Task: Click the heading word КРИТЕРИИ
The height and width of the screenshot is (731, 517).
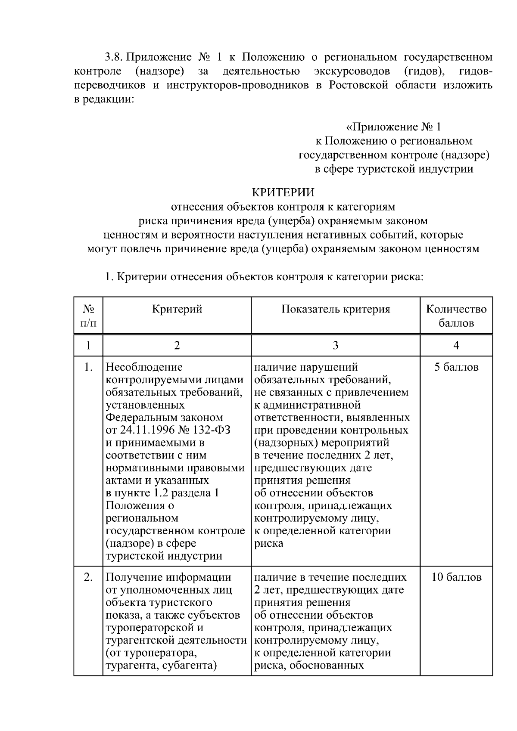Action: coord(283,192)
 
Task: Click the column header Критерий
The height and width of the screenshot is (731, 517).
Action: coord(177,309)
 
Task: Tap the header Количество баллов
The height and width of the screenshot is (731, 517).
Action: coord(456,316)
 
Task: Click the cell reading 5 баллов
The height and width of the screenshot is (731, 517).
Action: coord(456,367)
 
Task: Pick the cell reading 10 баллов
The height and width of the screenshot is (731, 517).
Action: coord(456,577)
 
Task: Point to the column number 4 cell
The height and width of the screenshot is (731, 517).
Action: coord(456,345)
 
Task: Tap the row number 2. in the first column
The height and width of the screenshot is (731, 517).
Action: coord(88,577)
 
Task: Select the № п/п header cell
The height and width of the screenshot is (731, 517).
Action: coord(88,316)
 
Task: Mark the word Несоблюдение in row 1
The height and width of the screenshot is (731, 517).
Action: coord(144,367)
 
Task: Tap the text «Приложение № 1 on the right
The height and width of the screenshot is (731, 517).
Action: coord(393,127)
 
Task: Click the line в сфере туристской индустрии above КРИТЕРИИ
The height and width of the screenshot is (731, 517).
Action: coord(393,169)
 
